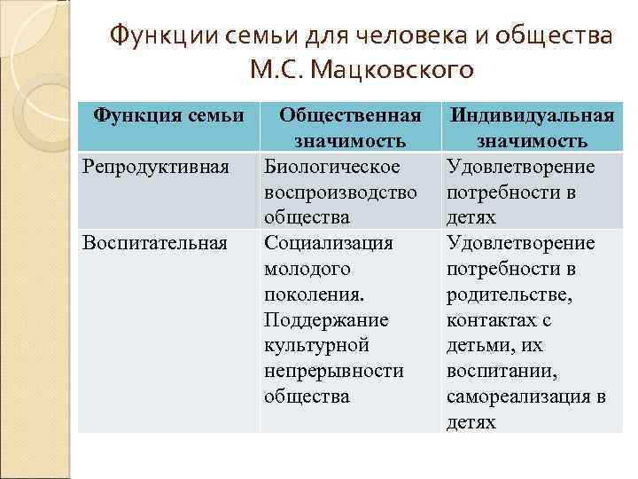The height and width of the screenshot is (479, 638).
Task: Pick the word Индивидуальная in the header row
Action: click(532, 115)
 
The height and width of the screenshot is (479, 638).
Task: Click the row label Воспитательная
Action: click(154, 242)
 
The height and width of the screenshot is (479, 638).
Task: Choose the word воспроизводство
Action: click(340, 192)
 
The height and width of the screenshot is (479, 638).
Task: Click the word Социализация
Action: click(328, 242)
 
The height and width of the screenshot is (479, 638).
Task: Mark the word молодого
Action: click(307, 268)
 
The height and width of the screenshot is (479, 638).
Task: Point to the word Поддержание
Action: click(326, 319)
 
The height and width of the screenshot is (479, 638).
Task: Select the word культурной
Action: click(316, 345)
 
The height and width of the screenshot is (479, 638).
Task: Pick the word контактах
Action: click(492, 319)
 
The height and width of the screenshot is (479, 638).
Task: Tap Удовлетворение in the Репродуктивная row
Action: click(521, 167)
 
